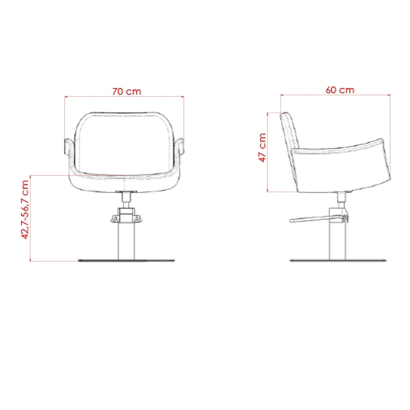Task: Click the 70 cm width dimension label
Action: (x=127, y=92)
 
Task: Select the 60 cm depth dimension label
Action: (x=340, y=90)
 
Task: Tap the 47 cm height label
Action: (x=262, y=148)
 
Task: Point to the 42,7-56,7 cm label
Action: (x=25, y=209)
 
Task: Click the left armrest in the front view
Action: (x=67, y=146)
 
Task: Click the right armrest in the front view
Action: (x=180, y=146)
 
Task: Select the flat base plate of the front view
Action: (x=126, y=260)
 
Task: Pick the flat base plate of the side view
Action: (x=338, y=260)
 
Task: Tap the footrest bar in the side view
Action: (x=318, y=219)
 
